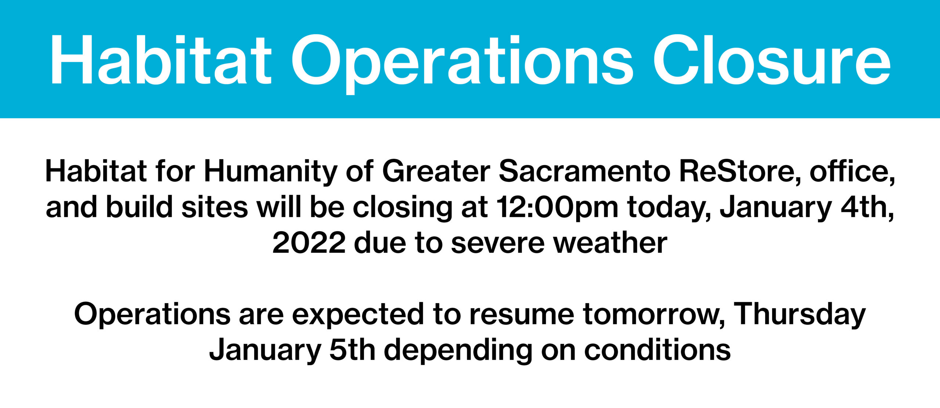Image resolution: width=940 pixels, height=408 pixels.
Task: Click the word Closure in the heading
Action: pyautogui.click(x=771, y=60)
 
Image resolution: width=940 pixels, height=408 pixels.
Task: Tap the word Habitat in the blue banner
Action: pyautogui.click(x=161, y=60)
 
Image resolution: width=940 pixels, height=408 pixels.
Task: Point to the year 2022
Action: pyautogui.click(x=309, y=243)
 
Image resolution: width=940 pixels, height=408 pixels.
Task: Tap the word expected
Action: pyautogui.click(x=358, y=315)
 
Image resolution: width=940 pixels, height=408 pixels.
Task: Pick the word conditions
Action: pyautogui.click(x=657, y=349)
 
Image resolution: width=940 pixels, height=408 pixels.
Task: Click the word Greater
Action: pyautogui.click(x=437, y=171)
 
